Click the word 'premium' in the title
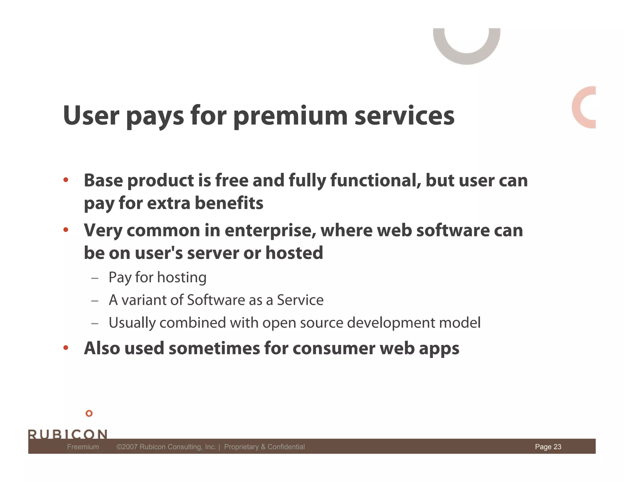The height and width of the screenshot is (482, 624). (290, 116)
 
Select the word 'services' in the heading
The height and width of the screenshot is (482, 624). (404, 116)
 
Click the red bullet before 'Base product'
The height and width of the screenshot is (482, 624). (66, 180)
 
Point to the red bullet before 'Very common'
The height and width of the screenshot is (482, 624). (66, 230)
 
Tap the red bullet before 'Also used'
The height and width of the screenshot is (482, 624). (66, 348)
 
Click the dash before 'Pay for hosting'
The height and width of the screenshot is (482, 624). (95, 278)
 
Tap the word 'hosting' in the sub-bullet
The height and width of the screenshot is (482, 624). (182, 278)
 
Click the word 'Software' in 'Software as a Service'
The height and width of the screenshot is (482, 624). (216, 300)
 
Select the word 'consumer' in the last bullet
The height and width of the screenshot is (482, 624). (334, 348)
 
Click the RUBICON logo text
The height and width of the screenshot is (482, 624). (68, 434)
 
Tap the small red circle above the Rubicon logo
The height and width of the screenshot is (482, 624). (89, 413)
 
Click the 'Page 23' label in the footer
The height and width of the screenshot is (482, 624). (548, 447)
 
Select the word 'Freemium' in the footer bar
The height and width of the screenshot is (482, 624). (83, 447)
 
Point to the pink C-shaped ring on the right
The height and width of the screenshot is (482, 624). (578, 107)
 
